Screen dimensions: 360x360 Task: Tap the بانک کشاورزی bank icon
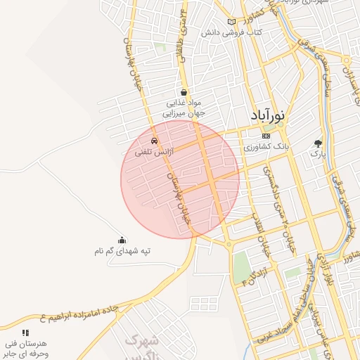pos(265,136)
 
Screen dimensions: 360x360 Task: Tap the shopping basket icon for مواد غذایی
pos(184,91)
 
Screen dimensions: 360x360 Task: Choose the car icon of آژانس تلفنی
pos(155,141)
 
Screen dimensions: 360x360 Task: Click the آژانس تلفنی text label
pos(150,151)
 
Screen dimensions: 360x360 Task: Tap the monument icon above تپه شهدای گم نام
pos(122,240)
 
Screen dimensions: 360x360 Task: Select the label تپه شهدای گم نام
pos(123,250)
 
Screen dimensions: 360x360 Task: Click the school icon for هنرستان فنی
pos(26,333)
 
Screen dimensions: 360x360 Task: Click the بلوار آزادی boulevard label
pos(324,267)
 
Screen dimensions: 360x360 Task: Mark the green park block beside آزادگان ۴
pos(241,264)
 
